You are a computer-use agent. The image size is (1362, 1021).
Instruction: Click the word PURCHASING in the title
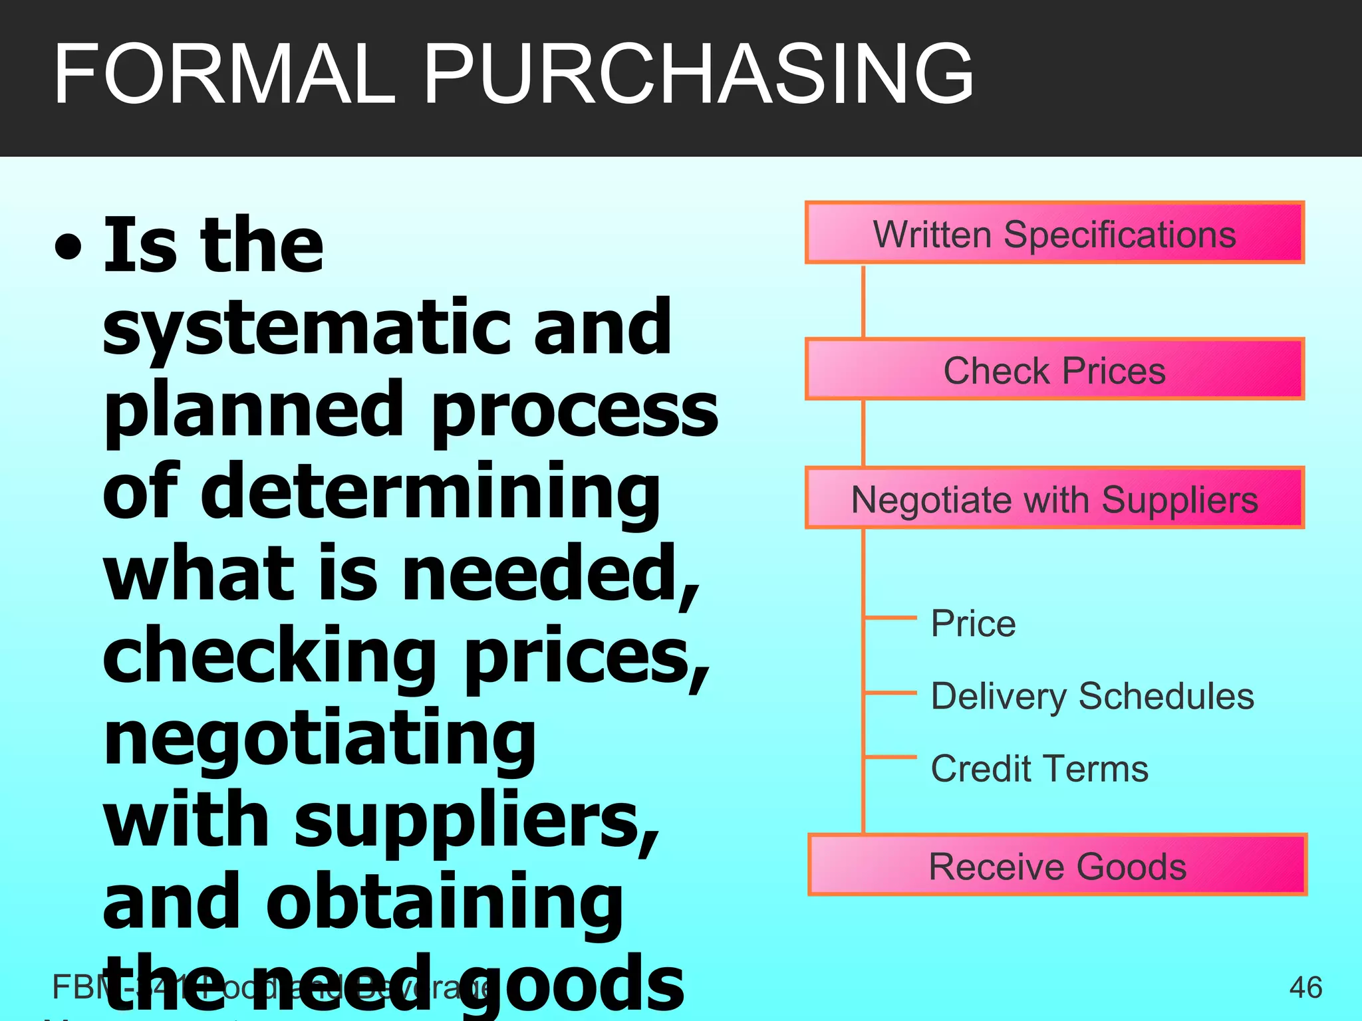click(698, 74)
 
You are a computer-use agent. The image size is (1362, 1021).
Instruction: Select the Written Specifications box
click(1054, 233)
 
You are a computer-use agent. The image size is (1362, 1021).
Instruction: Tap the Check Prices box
click(1054, 370)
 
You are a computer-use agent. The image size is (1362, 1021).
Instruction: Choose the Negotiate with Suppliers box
click(1054, 499)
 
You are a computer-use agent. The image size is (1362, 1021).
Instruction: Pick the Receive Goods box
click(1057, 865)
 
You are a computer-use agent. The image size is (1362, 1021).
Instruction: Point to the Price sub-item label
click(973, 624)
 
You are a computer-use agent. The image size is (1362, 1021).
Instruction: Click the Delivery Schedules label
click(1092, 696)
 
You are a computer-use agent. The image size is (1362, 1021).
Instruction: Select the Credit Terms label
click(1039, 768)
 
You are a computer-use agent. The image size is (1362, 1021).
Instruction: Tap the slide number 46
click(1305, 987)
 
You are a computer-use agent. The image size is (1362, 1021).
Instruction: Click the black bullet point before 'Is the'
click(68, 247)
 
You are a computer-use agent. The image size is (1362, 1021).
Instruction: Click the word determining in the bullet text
click(430, 493)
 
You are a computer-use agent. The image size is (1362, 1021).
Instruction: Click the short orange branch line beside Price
click(890, 618)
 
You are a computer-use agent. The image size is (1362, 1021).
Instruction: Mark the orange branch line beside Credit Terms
click(890, 756)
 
